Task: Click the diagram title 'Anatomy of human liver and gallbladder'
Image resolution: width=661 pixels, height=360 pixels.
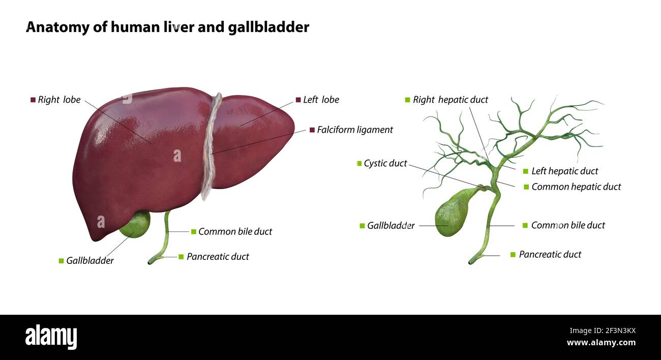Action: [167, 27]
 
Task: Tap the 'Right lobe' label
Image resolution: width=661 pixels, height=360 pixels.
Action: [59, 100]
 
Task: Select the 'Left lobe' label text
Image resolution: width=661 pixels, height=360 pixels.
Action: [321, 100]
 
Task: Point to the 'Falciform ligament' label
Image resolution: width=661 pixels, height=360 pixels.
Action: [355, 130]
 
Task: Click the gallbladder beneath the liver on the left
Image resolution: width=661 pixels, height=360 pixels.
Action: [136, 224]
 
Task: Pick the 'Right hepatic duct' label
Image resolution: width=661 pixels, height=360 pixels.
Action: [450, 100]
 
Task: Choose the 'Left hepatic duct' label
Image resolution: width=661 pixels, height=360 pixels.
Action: [564, 171]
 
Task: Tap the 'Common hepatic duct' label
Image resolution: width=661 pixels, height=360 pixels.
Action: [576, 187]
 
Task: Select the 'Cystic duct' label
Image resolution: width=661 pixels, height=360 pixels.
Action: [385, 163]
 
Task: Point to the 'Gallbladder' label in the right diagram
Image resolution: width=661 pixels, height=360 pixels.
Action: [390, 225]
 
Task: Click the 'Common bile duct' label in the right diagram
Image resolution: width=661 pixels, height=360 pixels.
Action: [568, 225]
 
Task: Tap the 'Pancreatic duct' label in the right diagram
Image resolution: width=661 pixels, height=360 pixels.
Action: [550, 254]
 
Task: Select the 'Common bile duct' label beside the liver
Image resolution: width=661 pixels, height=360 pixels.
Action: [235, 231]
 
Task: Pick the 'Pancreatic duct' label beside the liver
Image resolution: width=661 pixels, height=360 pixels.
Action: [218, 257]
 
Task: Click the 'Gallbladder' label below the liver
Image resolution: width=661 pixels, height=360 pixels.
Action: [89, 261]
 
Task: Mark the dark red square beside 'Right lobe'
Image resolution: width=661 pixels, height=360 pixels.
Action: [33, 100]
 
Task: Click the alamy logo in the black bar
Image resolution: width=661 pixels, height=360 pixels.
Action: [51, 337]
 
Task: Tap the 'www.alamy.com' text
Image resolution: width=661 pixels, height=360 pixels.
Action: [601, 343]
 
